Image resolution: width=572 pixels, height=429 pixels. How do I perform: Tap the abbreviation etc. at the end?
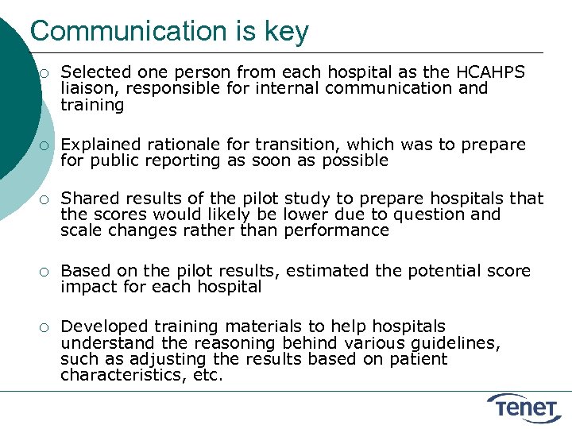point(208,375)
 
